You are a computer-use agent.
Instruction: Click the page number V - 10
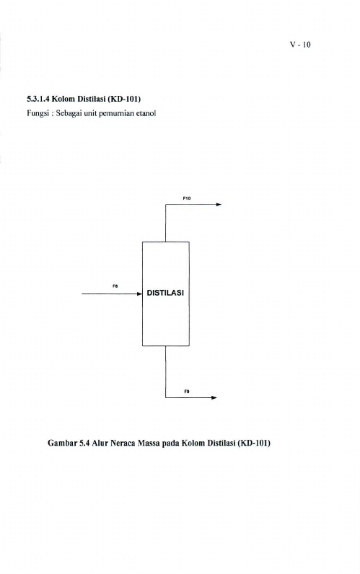click(x=300, y=45)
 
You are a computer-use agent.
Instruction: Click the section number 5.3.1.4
click(x=38, y=99)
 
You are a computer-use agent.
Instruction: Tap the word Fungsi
click(x=35, y=113)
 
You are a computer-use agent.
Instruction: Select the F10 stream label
click(x=187, y=198)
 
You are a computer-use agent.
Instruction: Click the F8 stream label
click(x=115, y=286)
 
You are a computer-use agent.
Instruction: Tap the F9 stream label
click(x=187, y=392)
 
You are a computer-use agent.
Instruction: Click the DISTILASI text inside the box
click(x=165, y=293)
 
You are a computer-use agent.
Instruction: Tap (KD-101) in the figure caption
click(x=254, y=443)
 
